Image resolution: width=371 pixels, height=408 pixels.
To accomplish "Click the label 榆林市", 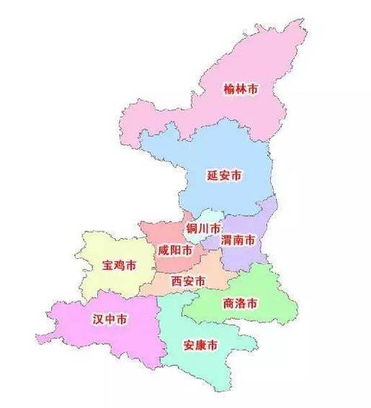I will tap(242, 89).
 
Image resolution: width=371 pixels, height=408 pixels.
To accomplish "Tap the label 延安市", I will tap(224, 176).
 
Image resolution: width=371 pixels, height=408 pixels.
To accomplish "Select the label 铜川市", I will tap(203, 228).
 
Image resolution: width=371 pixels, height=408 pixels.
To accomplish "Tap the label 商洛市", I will tap(240, 303).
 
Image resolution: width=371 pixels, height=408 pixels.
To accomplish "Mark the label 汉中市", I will tap(108, 320).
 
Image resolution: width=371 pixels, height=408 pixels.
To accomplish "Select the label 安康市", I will tap(200, 346).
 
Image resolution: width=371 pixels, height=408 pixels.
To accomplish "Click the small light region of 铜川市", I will tap(194, 237).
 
